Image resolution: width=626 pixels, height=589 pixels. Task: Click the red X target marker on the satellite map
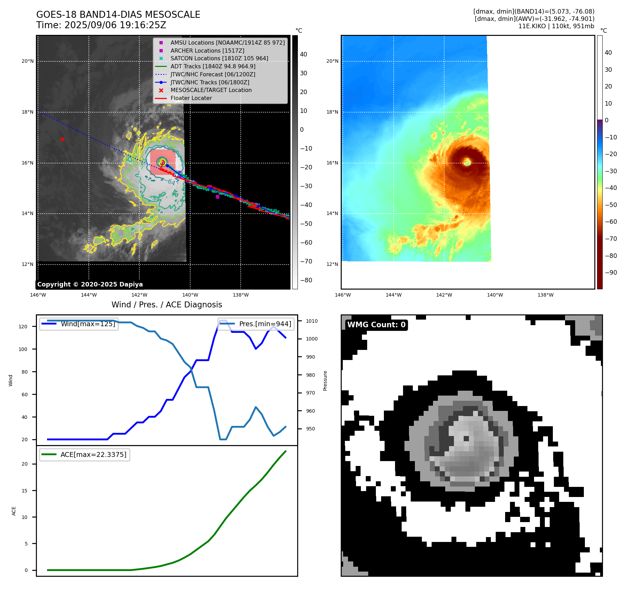tap(62, 139)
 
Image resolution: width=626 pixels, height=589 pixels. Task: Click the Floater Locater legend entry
tap(191, 98)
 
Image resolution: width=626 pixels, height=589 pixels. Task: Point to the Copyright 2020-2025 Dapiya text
tap(90, 284)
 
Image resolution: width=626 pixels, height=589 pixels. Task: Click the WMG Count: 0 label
tap(376, 325)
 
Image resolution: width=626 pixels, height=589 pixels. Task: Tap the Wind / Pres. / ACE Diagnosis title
tap(167, 305)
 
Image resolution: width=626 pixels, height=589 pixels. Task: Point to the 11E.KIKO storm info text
tap(556, 26)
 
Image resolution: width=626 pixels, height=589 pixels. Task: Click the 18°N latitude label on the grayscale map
tap(28, 112)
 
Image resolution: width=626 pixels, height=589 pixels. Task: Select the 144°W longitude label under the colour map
tap(393, 295)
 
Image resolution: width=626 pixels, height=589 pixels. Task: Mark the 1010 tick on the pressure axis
tap(312, 321)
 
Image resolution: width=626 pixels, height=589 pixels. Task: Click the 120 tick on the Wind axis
tap(23, 327)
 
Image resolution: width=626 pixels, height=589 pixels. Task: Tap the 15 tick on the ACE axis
tap(24, 490)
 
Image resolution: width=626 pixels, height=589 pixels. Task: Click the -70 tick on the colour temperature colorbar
tap(611, 239)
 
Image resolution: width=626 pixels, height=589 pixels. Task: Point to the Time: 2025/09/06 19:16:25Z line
tap(101, 25)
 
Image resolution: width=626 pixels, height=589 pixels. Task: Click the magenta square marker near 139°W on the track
tap(217, 197)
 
